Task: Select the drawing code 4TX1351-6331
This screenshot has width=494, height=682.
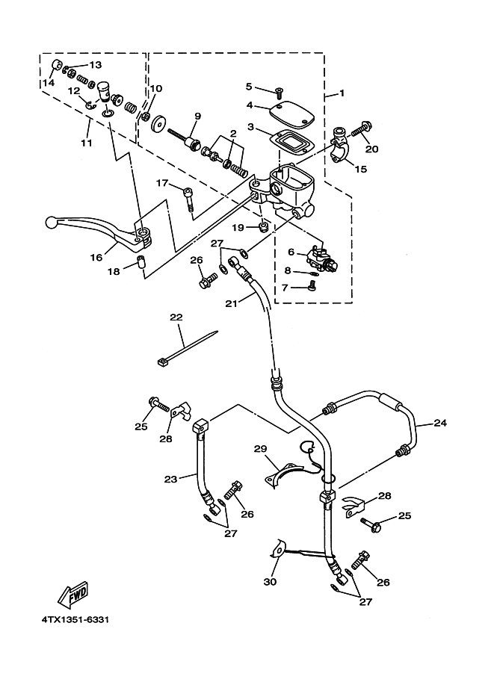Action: tap(75, 619)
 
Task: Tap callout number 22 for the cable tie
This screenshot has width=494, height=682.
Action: tap(176, 317)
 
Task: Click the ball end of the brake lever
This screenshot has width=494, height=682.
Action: tap(51, 223)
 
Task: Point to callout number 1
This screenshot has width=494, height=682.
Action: tap(342, 93)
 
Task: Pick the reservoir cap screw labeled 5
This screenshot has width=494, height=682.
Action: tap(278, 91)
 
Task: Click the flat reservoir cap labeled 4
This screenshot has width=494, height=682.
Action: tap(291, 112)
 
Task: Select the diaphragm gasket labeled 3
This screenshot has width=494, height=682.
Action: tap(291, 143)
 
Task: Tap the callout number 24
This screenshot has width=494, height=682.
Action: tap(440, 422)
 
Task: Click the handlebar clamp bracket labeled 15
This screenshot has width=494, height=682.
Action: tap(340, 146)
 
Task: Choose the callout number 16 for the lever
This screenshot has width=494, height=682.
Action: tap(96, 258)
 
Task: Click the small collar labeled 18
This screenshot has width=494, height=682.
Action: tap(141, 264)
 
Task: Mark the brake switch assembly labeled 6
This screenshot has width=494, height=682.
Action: tap(323, 260)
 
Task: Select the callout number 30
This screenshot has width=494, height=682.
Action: tap(270, 581)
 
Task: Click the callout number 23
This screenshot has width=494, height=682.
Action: tap(170, 479)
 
